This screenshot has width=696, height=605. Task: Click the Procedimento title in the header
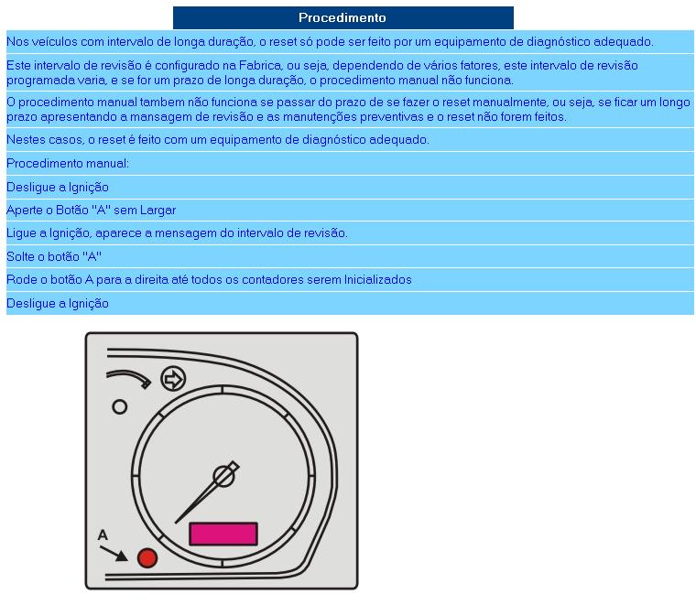pos(343,17)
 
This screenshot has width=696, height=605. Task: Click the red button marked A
pos(147,558)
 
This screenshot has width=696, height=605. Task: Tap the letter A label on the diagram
pos(103,535)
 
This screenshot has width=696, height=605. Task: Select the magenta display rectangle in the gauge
pos(223,535)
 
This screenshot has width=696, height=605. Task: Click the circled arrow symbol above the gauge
pos(172,378)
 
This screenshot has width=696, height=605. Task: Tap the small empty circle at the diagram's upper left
pos(119,407)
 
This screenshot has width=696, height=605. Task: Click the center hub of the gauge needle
pos(223,476)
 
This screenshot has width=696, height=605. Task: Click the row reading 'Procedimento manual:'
pos(68,163)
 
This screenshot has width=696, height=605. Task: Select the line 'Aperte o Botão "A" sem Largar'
pos(91,210)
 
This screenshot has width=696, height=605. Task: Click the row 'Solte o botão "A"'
pos(54,256)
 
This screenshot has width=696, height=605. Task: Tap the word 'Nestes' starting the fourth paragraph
pos(25,139)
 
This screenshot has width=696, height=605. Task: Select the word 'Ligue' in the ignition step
pos(21,232)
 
